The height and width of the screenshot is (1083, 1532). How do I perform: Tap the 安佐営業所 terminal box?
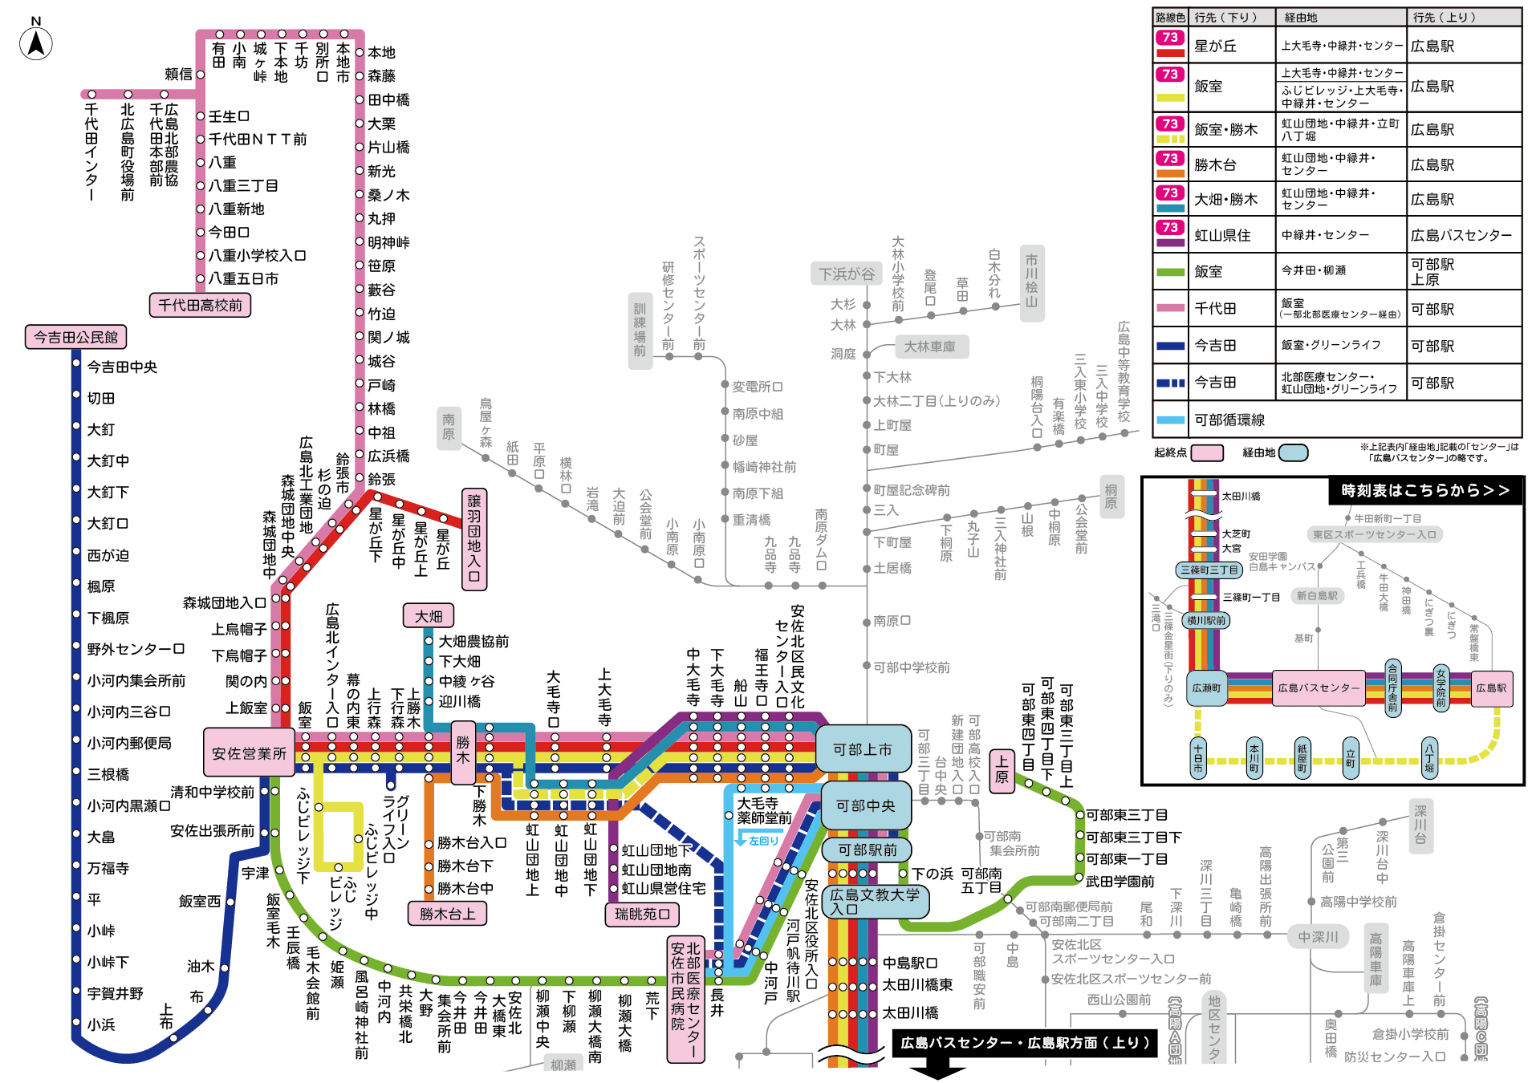[249, 752]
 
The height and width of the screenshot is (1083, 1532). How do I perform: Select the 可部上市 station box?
[863, 749]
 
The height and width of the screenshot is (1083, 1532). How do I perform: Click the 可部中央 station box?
[866, 805]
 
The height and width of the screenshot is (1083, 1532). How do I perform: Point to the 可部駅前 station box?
[867, 850]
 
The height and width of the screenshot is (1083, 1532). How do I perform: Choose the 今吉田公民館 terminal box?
[76, 337]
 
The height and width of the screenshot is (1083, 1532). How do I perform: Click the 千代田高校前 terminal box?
[200, 305]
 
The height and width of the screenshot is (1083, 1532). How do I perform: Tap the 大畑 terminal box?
[429, 616]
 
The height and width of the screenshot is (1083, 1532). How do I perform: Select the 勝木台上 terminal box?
[447, 914]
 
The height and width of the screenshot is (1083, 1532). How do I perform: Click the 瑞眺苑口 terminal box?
[642, 914]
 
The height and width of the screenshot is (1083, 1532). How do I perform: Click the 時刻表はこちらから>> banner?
[1425, 490]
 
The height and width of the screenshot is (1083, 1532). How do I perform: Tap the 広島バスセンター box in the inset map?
[1319, 688]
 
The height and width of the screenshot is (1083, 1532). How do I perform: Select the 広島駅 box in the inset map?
[1491, 688]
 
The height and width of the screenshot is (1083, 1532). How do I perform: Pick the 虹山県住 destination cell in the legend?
[1222, 235]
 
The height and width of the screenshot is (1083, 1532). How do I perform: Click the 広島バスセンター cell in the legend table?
[1461, 235]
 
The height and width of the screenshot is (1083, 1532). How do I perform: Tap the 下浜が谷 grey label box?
[846, 274]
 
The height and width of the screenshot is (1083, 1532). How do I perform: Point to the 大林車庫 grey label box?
[929, 347]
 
